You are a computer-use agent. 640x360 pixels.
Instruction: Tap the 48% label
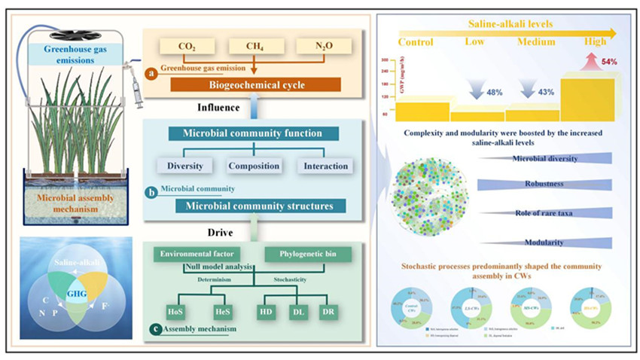(x=495, y=92)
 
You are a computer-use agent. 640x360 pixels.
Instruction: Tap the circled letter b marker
(x=152, y=193)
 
